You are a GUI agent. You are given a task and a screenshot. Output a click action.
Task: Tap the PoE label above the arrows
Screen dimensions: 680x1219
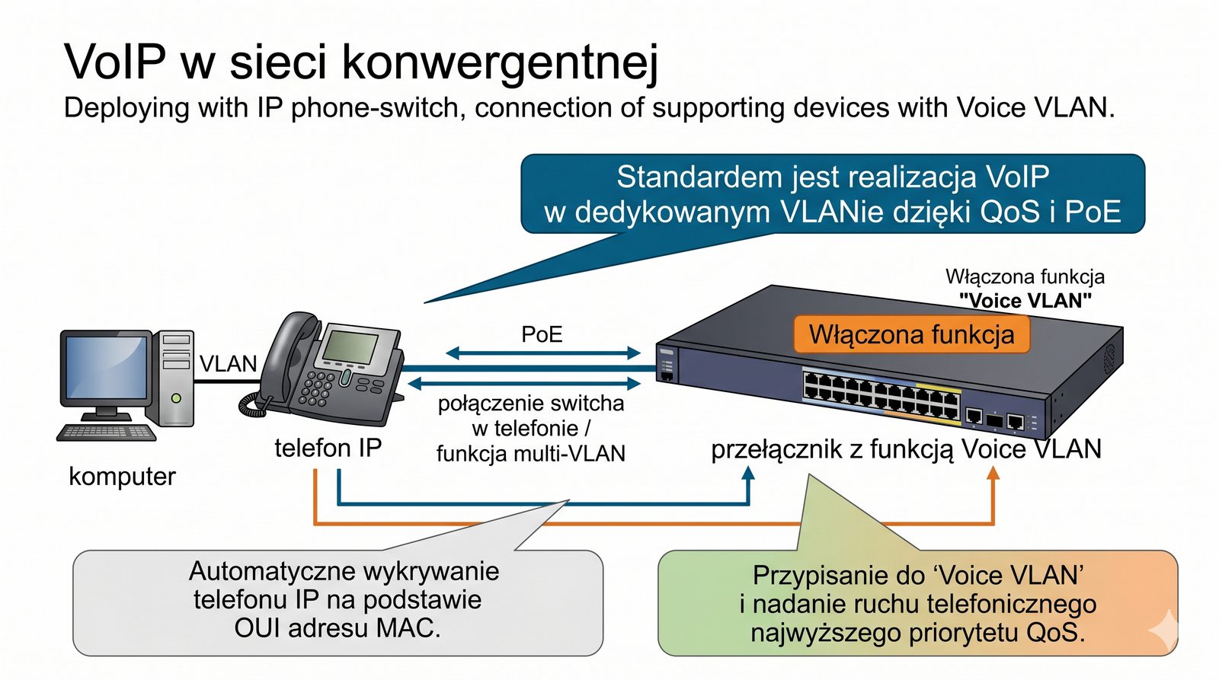click(x=542, y=334)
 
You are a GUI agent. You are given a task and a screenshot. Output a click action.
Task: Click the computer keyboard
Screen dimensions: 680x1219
click(x=107, y=433)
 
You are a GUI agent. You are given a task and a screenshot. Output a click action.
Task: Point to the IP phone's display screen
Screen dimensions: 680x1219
click(x=350, y=346)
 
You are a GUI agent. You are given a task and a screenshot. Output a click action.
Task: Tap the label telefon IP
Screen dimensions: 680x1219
click(x=328, y=448)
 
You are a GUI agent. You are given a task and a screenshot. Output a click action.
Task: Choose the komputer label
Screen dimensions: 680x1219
click(x=122, y=477)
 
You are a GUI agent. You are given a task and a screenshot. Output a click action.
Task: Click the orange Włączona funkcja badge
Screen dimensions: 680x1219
click(x=911, y=335)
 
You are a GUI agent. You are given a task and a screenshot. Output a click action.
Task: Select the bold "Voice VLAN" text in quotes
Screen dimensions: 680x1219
click(x=1025, y=301)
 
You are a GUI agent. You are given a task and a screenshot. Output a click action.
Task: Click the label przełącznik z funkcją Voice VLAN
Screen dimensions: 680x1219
click(x=906, y=449)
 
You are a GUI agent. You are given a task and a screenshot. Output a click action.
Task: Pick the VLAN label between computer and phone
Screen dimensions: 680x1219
click(x=228, y=364)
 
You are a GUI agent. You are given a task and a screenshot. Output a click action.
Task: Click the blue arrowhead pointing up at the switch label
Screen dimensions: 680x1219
click(x=749, y=473)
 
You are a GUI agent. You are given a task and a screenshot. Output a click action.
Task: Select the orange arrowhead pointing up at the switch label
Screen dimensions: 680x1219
click(x=993, y=473)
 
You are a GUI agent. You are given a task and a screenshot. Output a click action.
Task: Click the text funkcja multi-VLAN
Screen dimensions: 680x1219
click(x=530, y=454)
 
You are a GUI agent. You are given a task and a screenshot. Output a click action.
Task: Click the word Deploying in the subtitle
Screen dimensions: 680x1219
click(x=126, y=108)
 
